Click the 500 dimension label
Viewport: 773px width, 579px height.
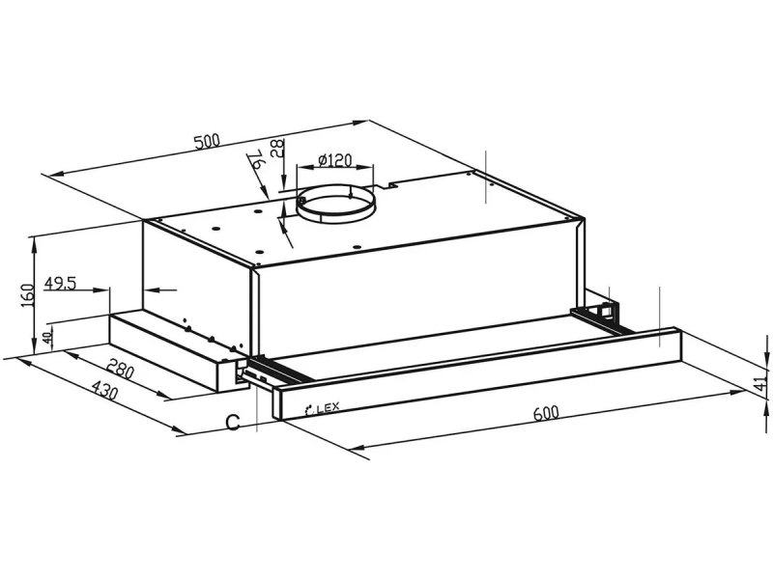click(207, 142)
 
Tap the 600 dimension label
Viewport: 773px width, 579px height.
click(546, 413)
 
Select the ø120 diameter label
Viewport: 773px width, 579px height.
click(334, 160)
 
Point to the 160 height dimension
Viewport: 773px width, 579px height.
click(27, 295)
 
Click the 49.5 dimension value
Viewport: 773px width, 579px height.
click(60, 283)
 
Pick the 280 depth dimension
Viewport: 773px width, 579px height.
click(120, 370)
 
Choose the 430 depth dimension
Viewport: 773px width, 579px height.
click(104, 391)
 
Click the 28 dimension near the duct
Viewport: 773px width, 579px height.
click(277, 148)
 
